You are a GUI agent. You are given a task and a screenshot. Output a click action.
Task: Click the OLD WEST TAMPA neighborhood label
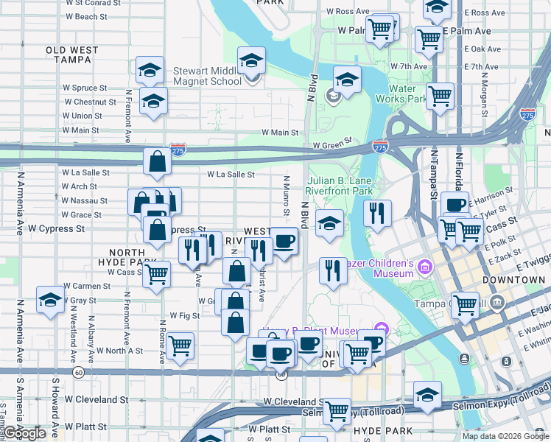[71, 55]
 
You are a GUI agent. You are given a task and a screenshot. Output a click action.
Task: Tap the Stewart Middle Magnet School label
[207, 76]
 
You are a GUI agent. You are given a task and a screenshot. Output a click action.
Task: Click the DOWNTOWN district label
[513, 281]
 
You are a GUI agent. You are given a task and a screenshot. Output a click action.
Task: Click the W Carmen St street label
[87, 286]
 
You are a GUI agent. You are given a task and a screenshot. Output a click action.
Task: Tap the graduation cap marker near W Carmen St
[50, 300]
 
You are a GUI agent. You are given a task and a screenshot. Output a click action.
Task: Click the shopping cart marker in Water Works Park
[440, 95]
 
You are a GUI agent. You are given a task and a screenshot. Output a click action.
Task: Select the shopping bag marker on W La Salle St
[158, 161]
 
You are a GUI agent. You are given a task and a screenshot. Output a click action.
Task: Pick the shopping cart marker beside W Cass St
[156, 274]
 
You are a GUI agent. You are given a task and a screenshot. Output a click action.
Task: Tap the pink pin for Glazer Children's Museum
[424, 266]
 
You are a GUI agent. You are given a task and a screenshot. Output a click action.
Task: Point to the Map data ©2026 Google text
[504, 436]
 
